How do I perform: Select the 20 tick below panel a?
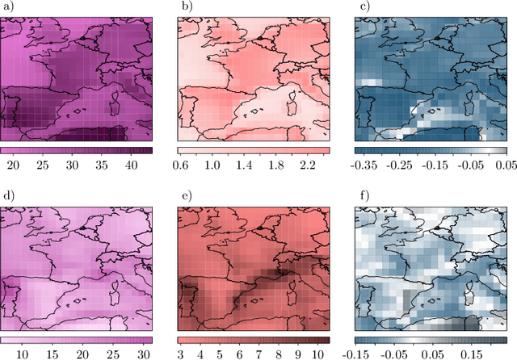[x=14, y=165]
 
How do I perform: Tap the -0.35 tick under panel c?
[x=368, y=165]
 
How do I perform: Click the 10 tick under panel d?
[x=23, y=354]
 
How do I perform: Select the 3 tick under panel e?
[x=181, y=354]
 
